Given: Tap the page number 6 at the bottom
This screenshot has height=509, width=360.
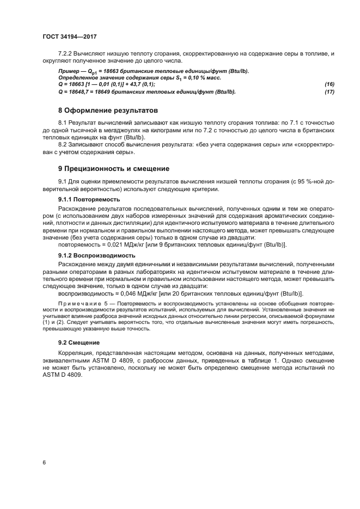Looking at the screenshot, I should pyautogui.click(x=44, y=462).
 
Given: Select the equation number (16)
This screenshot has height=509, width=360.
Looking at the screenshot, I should pyautogui.click(x=328, y=84).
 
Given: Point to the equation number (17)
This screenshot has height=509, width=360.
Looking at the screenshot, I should pyautogui.click(x=328, y=91).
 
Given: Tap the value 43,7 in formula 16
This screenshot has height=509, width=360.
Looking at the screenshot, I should pyautogui.click(x=140, y=84).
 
